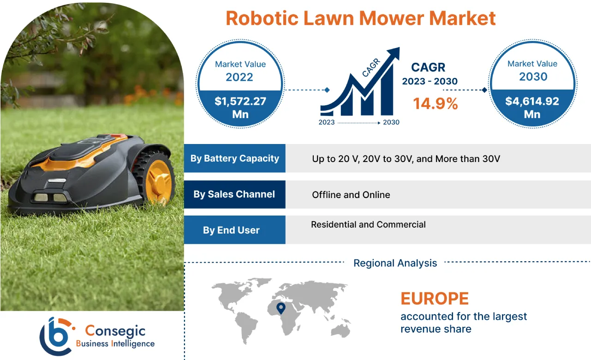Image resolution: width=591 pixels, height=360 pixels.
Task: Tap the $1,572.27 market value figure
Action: [x=240, y=101]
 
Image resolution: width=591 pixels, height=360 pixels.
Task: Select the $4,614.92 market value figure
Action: [x=532, y=101]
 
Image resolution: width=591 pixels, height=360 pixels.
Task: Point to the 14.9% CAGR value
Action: [x=435, y=103]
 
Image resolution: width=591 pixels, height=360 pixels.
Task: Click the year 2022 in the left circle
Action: [x=239, y=77]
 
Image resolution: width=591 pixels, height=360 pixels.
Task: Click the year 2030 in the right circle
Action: [x=533, y=76]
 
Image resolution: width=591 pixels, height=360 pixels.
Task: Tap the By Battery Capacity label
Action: [x=234, y=158]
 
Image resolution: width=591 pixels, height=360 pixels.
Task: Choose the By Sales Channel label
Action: [x=234, y=194]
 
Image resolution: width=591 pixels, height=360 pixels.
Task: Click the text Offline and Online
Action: [x=351, y=195]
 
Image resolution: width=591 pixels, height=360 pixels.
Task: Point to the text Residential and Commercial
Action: [x=368, y=225]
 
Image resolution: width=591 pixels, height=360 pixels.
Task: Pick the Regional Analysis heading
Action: [x=395, y=263]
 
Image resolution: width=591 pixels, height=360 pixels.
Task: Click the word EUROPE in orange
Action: [x=435, y=299]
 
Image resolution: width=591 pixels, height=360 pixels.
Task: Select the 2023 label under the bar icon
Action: [x=327, y=122]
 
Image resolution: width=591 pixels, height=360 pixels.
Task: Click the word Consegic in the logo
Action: [x=115, y=330]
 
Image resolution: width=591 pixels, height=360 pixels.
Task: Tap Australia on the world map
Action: [x=342, y=330]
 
